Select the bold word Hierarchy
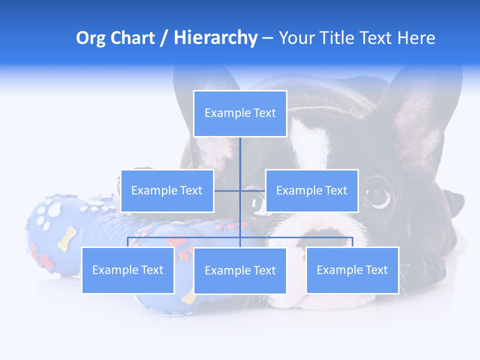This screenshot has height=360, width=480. coord(215,38)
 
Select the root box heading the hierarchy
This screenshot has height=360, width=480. coord(240,113)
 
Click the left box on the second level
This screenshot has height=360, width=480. coord(167,190)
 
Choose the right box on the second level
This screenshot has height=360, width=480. coord(311,190)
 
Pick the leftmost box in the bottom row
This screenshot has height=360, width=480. coord(128,270)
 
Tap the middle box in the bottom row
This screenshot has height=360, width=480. coord(240,270)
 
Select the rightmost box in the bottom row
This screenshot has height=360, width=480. coord(352,270)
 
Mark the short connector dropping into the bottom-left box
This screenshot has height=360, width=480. coord(128,242)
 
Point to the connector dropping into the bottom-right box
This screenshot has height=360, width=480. coord(352,242)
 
